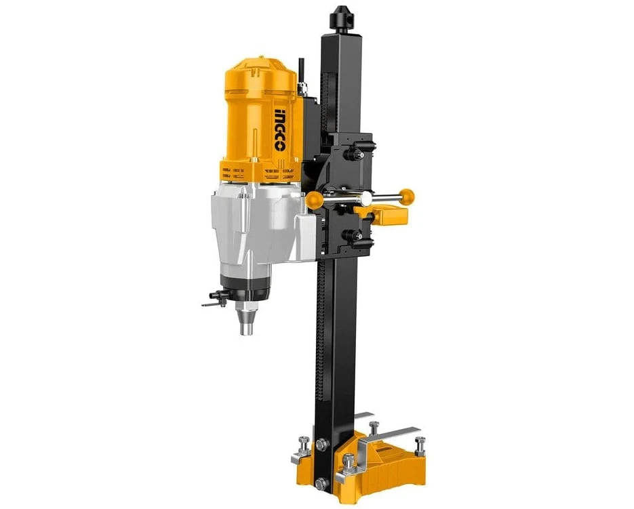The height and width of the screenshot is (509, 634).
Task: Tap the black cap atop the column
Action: coord(340,19)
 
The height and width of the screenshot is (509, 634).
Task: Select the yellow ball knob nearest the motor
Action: coord(314,199)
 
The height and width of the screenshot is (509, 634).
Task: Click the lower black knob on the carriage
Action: coord(353,237)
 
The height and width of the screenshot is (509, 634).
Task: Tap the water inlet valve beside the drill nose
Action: coord(214,299)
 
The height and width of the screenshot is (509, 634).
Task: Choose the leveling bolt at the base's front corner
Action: coord(349,464)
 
